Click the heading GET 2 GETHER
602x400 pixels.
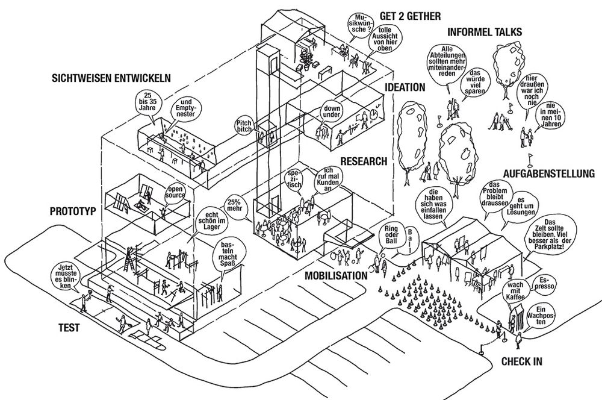(410, 16)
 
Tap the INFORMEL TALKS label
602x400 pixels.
(485, 32)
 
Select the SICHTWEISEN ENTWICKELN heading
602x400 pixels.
(111, 78)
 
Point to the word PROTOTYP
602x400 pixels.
(73, 211)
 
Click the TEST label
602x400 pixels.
(69, 328)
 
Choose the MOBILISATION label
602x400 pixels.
(336, 275)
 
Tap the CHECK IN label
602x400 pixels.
(522, 361)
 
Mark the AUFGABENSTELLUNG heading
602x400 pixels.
(548, 173)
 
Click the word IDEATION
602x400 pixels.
(405, 87)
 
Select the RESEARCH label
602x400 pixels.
(364, 161)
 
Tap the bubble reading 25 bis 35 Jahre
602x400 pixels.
(149, 102)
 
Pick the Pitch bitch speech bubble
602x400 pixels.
(244, 126)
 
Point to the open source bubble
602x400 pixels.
(175, 192)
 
